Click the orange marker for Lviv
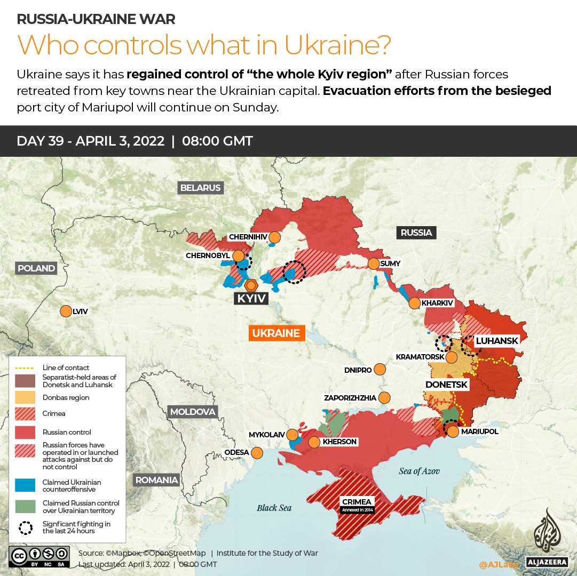pyautogui.click(x=66, y=311)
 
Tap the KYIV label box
pyautogui.click(x=251, y=298)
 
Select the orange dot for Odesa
pyautogui.click(x=257, y=453)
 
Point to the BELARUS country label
pyautogui.click(x=200, y=188)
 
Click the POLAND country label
pyautogui.click(x=36, y=268)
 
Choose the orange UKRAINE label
pyautogui.click(x=276, y=333)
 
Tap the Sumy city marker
pyautogui.click(x=373, y=263)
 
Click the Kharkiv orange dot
pyautogui.click(x=414, y=303)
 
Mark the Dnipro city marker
pyautogui.click(x=380, y=369)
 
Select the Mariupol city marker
pyautogui.click(x=453, y=431)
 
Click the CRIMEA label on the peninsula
pyautogui.click(x=357, y=502)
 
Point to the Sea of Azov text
pyautogui.click(x=420, y=471)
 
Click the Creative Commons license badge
pyautogui.click(x=39, y=556)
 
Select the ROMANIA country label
pyautogui.click(x=156, y=479)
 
